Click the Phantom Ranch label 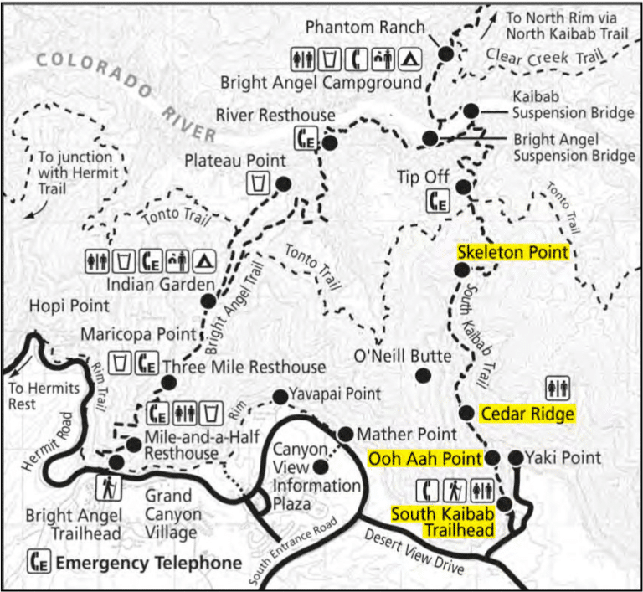[x=364, y=26]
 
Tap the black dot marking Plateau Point [x=283, y=184]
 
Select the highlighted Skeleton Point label [x=512, y=252]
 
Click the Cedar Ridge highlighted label [x=527, y=414]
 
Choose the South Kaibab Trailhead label [x=442, y=521]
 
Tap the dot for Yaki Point [x=516, y=457]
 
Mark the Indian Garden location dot [x=208, y=300]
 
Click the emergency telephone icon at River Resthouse [x=306, y=139]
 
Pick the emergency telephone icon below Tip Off [x=438, y=202]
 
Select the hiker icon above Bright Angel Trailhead [x=111, y=486]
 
